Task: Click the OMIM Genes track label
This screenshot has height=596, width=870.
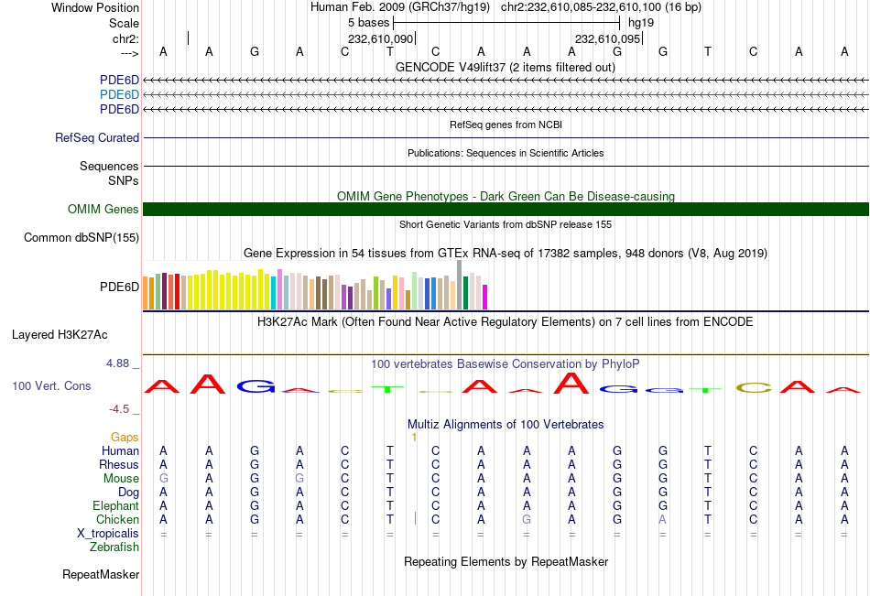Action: (x=103, y=210)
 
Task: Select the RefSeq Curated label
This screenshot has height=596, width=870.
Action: (x=97, y=138)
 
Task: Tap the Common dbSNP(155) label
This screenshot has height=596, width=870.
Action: (x=82, y=238)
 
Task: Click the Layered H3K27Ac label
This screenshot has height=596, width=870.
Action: (x=60, y=334)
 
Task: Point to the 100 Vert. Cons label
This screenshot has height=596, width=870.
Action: (x=51, y=386)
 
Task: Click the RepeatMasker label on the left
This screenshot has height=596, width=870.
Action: (x=101, y=575)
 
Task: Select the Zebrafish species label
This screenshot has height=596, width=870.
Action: (x=114, y=547)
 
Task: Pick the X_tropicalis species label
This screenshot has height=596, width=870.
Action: (x=108, y=534)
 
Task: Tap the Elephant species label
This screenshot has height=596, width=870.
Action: (x=115, y=506)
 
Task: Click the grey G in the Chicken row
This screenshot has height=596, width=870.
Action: (x=526, y=520)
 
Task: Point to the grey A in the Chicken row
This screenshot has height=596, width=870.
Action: (x=661, y=520)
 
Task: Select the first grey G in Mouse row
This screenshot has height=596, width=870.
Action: (x=163, y=479)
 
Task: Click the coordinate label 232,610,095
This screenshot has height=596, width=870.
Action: (x=607, y=39)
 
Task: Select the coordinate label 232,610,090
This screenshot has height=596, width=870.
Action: (x=381, y=39)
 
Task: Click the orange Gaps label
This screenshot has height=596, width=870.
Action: (x=125, y=438)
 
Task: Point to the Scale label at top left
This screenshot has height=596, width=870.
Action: (x=124, y=23)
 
